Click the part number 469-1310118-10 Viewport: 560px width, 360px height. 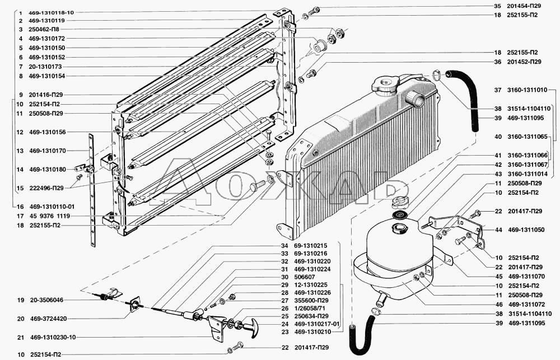pos(52,12)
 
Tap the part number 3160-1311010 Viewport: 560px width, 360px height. pos(527,90)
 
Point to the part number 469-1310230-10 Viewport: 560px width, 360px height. pos(53,337)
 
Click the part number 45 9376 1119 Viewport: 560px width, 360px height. pos(50,216)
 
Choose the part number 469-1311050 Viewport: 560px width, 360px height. pos(526,230)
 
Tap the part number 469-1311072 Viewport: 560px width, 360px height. pos(526,305)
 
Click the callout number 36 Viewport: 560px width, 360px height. pos(497,62)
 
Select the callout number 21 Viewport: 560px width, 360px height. pos(20,337)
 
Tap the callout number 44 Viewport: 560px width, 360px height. pos(498,230)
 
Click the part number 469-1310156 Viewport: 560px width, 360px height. pos(47,132)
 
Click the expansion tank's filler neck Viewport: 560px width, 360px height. pos(399,228)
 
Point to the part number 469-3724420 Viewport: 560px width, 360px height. pos(48,319)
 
